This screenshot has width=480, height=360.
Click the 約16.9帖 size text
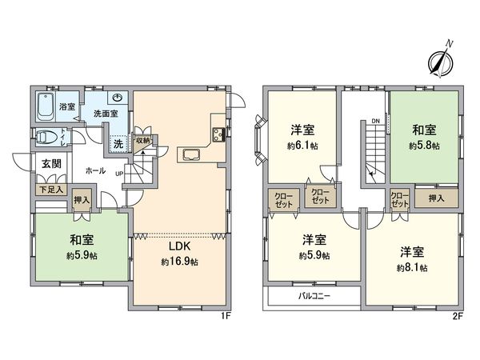(x=179, y=262)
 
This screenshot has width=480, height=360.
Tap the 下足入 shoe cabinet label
(x=50, y=190)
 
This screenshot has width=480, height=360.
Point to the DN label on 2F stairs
(x=374, y=122)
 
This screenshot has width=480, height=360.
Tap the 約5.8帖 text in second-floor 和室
(x=424, y=146)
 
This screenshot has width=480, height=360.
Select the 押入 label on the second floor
(x=435, y=197)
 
